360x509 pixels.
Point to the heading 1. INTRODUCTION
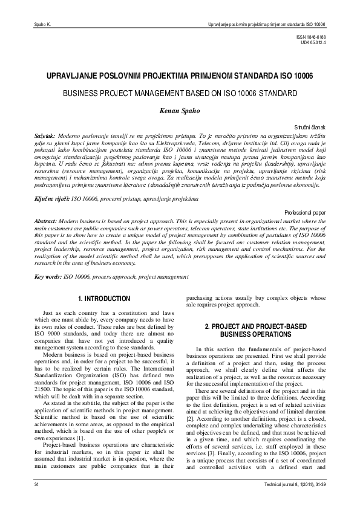(x=104, y=299)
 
